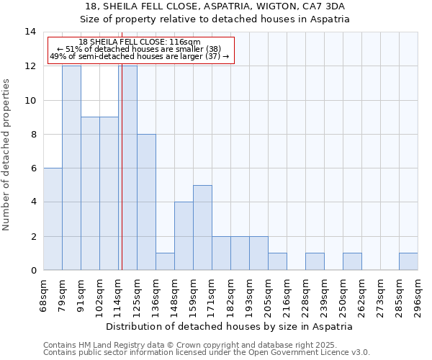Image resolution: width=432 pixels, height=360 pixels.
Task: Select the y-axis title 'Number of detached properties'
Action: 7,155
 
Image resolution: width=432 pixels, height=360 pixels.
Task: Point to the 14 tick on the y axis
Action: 30,32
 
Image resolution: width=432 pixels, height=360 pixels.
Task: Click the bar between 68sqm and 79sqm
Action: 53,220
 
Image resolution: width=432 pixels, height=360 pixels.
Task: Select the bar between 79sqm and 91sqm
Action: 71,168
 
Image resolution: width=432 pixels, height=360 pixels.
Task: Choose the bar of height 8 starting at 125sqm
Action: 146,202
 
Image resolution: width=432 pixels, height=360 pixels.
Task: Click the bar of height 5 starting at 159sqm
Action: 202,228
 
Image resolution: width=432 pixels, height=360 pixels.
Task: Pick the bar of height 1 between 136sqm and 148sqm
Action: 165,262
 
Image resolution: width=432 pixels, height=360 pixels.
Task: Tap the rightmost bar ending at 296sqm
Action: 408,262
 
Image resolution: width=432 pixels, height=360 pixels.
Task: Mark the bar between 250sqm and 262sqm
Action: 352,262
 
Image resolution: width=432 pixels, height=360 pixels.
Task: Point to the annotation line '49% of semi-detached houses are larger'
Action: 140,56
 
